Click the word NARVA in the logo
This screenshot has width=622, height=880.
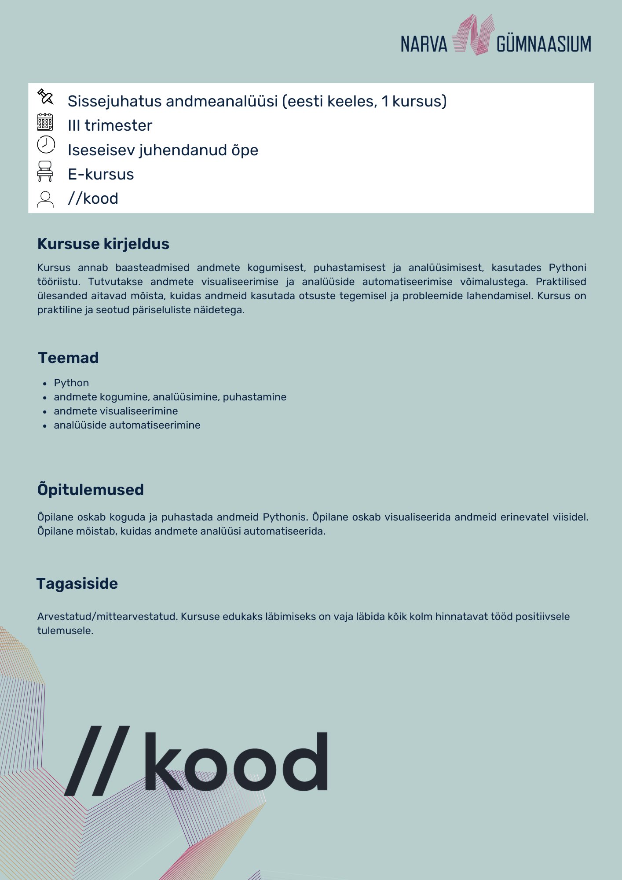coord(424,44)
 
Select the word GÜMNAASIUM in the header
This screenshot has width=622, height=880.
coord(544,44)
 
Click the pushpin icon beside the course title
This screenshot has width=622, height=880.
coord(45,97)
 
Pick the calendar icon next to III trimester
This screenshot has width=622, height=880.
coord(45,122)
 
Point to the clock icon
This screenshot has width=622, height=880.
coord(46,144)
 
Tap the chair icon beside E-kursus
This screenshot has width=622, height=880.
coord(45,171)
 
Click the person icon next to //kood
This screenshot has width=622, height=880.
coord(45,199)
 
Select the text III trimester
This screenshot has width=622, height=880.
coord(110,126)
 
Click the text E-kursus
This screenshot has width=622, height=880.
coord(101,175)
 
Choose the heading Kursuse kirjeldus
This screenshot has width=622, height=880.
coord(103,244)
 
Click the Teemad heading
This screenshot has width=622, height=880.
coord(68,358)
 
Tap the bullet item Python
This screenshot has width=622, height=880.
coord(71,383)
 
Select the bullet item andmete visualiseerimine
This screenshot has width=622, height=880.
coord(116,411)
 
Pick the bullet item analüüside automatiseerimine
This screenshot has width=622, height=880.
coord(127,425)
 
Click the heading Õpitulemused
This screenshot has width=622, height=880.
coord(91,490)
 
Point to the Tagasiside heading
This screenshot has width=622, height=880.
coord(77,583)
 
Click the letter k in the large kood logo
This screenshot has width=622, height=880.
coord(163,761)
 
